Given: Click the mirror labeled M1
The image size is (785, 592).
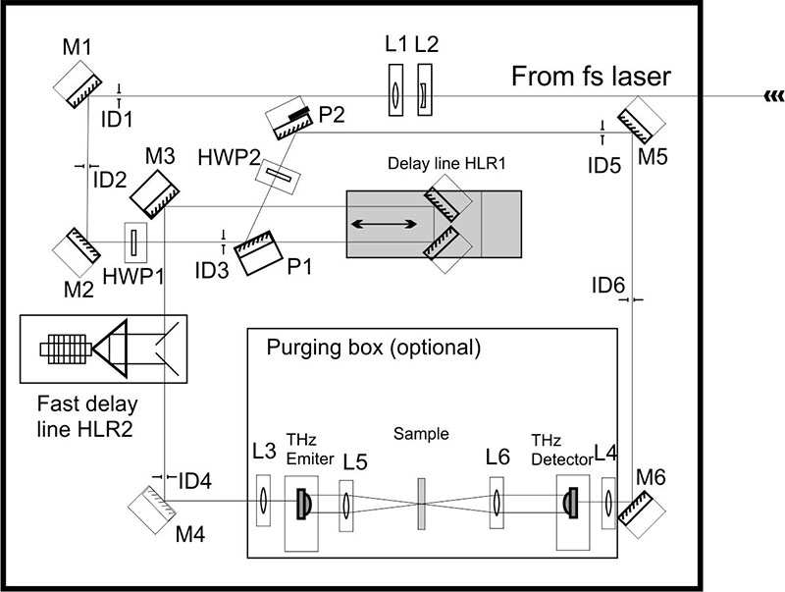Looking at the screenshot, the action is tap(78, 84).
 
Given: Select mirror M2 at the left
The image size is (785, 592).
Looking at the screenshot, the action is tap(78, 252).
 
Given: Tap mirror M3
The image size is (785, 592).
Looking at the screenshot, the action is tap(155, 194).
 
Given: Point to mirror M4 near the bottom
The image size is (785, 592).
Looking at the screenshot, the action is tap(152, 510).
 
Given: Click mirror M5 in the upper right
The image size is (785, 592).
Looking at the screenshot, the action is tap(641, 120).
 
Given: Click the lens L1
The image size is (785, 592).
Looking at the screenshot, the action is tap(395, 90).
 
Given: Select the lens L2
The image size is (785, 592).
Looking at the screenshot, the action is tap(425, 90).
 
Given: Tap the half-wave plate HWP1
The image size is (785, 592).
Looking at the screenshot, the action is tap(135, 242).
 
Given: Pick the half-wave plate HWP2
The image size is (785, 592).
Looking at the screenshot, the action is tap(278, 177).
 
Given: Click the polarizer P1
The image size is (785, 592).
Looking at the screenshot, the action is tap(260, 253).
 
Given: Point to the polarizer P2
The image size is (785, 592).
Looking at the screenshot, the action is tap(288, 119).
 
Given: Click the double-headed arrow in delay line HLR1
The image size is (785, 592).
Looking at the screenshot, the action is tap(384, 224).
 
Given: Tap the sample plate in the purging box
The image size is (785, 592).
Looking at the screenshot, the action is tap(422, 504).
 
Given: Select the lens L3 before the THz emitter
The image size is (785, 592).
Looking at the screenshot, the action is tap(263, 501).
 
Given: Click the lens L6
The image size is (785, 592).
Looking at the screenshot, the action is tap(497, 503).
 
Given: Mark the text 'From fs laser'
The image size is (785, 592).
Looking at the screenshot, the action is tap(591, 77).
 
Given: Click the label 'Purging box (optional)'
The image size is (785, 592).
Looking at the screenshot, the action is tap(374, 348).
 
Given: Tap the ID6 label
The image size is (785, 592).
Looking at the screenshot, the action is tap(608, 286).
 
